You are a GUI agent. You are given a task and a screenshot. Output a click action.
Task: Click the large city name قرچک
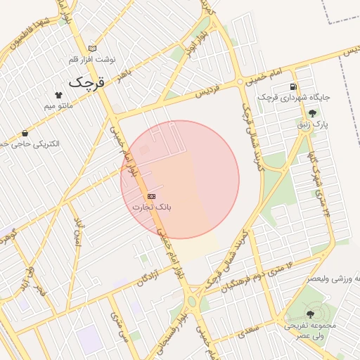point(90,82)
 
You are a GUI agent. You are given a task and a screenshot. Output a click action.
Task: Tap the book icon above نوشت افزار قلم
point(92,49)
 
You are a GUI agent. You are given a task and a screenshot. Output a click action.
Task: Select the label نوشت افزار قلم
point(96,59)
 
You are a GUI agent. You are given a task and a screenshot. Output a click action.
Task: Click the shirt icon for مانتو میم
point(58,95)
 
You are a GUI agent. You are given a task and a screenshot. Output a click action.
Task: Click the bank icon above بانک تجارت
point(152,196)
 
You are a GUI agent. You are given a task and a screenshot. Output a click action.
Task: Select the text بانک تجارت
point(152,207)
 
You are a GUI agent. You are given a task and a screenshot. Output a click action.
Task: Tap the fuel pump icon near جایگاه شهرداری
point(292,86)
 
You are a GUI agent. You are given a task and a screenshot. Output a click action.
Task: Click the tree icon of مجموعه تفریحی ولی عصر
point(310,314)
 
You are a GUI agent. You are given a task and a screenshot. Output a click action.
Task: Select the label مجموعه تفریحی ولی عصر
point(311,331)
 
